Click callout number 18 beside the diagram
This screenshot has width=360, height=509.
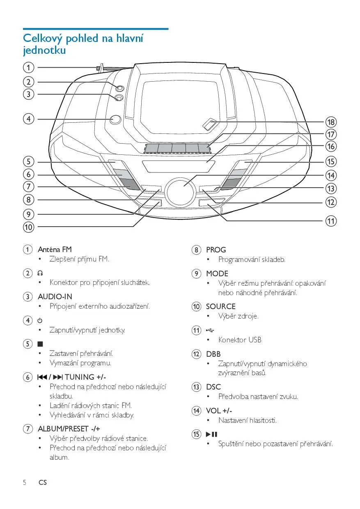point(331,122)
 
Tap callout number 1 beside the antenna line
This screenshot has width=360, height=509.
point(28,67)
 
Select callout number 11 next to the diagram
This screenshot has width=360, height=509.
point(331,221)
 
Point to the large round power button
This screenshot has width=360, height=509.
point(115,119)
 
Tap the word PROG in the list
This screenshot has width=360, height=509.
point(216,250)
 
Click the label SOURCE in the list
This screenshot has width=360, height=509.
point(220,306)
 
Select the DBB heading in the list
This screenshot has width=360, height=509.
point(213,354)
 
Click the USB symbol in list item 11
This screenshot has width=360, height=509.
point(210,330)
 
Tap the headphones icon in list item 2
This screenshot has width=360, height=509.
point(40,273)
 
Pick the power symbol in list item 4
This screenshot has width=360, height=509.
point(40,320)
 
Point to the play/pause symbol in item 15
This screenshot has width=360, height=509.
point(211,434)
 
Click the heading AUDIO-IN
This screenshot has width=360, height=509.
point(55,296)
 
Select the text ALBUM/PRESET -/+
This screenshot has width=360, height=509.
point(69,429)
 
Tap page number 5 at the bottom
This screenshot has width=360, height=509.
point(25,482)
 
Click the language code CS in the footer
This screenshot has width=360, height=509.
point(43,482)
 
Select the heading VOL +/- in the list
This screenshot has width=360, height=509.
point(219,410)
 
